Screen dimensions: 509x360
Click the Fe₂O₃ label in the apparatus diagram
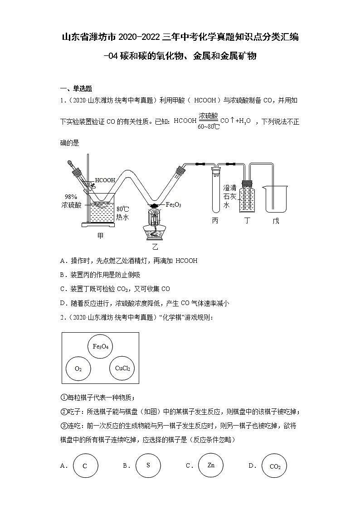point(174,204)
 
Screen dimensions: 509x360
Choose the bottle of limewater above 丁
point(247,197)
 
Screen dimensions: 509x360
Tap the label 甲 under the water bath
point(101,235)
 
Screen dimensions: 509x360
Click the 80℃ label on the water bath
point(123,209)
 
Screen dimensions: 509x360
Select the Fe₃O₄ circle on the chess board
point(100,347)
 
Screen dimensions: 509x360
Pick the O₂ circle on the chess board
point(78,369)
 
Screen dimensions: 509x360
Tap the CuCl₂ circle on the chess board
point(122,368)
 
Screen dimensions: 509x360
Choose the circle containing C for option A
point(84,466)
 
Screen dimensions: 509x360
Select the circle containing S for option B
point(148,465)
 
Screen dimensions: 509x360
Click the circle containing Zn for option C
point(211,465)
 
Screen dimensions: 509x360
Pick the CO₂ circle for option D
point(275,466)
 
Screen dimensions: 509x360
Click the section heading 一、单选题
point(76,88)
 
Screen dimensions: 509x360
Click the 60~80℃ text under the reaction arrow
point(209,126)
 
